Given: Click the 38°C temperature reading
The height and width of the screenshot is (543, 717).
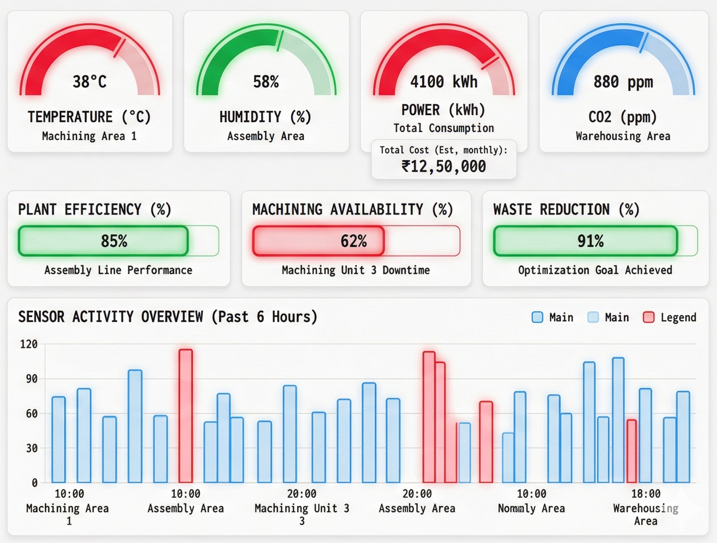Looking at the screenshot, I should tap(89, 81).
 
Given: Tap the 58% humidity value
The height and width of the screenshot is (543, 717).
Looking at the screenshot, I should tap(266, 81).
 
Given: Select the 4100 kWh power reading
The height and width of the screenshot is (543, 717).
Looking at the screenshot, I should tap(443, 81).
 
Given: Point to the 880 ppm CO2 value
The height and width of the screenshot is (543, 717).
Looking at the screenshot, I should tap(623, 81).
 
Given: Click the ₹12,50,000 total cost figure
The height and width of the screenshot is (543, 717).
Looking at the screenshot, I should tap(443, 166).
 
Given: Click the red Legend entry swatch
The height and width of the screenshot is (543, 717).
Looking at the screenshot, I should tap(648, 318).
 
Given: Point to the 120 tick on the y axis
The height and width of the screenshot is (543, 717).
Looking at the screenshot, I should tap(29, 344).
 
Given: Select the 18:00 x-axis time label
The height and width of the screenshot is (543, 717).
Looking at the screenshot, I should tap(645, 494).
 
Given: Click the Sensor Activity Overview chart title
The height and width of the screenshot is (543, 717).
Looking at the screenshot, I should tap(168, 317).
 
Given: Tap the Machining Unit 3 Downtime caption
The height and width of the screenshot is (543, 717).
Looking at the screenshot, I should tap(356, 270).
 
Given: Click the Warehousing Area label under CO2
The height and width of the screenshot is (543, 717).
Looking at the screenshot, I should tap(623, 136).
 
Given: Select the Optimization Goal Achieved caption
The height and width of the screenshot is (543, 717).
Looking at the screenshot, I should tap(595, 270).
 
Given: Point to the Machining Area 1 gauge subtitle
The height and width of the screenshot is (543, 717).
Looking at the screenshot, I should tap(89, 136).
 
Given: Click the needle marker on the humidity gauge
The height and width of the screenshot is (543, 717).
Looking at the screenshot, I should tap(279, 41).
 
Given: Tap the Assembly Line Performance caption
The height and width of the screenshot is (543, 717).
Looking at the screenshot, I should tap(118, 270).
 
